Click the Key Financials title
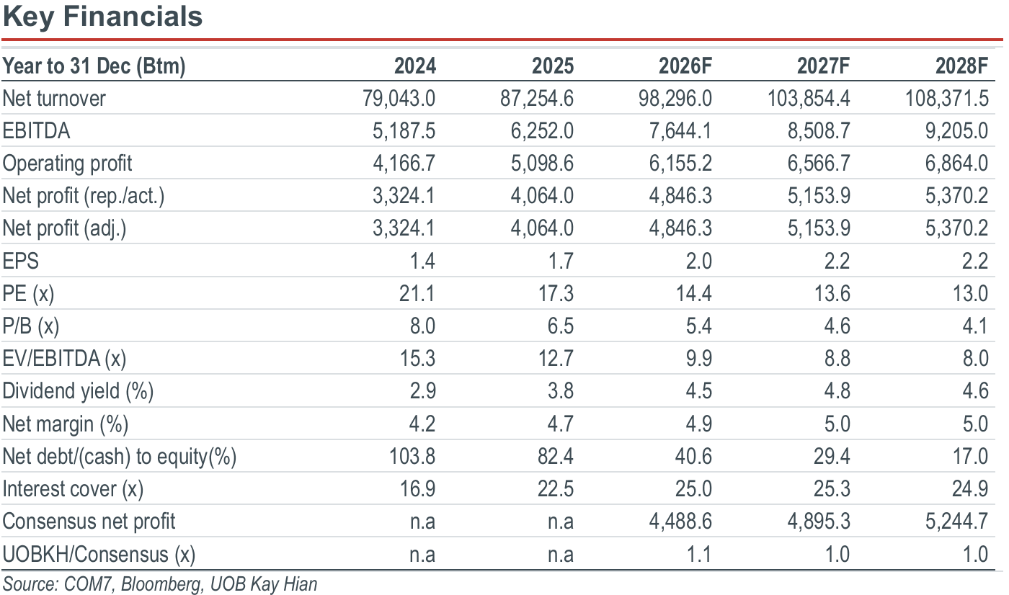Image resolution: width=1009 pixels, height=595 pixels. tap(102, 17)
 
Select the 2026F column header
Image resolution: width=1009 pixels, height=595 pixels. tap(685, 66)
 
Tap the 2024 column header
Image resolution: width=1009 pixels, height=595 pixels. tap(415, 66)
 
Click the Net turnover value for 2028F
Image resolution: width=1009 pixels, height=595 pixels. tap(947, 98)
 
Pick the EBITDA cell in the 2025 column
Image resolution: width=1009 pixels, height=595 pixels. tap(542, 130)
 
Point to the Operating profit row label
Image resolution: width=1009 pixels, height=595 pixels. tap(67, 164)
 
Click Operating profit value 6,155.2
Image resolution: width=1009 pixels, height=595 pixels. tap(680, 163)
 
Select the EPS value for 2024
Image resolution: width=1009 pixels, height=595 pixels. tap(422, 261)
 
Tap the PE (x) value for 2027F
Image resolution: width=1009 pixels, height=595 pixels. tap(832, 293)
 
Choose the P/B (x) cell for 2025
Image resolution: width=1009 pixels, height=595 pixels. tap(561, 326)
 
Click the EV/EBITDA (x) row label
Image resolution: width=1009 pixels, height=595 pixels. tap(64, 359)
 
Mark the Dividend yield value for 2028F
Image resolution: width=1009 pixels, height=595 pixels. tap(975, 390)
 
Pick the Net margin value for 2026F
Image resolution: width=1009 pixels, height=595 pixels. tap(698, 424)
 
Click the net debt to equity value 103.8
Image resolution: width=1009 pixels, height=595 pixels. tap(412, 456)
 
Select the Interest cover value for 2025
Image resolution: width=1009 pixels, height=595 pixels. tap(556, 488)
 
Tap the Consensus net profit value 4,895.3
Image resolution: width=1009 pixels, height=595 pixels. tap(819, 522)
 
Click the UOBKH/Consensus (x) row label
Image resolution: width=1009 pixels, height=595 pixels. tap(99, 554)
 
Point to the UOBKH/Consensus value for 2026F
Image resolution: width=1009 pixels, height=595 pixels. tap(698, 554)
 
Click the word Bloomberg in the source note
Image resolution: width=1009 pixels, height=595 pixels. tap(161, 584)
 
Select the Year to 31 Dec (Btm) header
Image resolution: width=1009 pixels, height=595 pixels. tap(94, 66)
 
